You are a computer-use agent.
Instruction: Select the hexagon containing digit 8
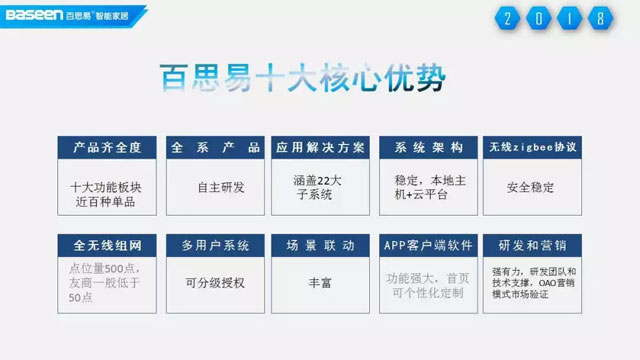[x=599, y=19]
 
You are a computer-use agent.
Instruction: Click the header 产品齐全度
[x=107, y=147]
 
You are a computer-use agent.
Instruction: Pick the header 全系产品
[x=213, y=147]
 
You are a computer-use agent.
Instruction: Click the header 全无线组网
[x=107, y=245]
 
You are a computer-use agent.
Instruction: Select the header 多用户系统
[x=213, y=245]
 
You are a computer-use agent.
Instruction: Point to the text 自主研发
[x=213, y=186]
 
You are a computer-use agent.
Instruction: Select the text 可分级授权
[x=213, y=283]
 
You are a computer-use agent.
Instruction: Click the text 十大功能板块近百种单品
[x=107, y=194]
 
